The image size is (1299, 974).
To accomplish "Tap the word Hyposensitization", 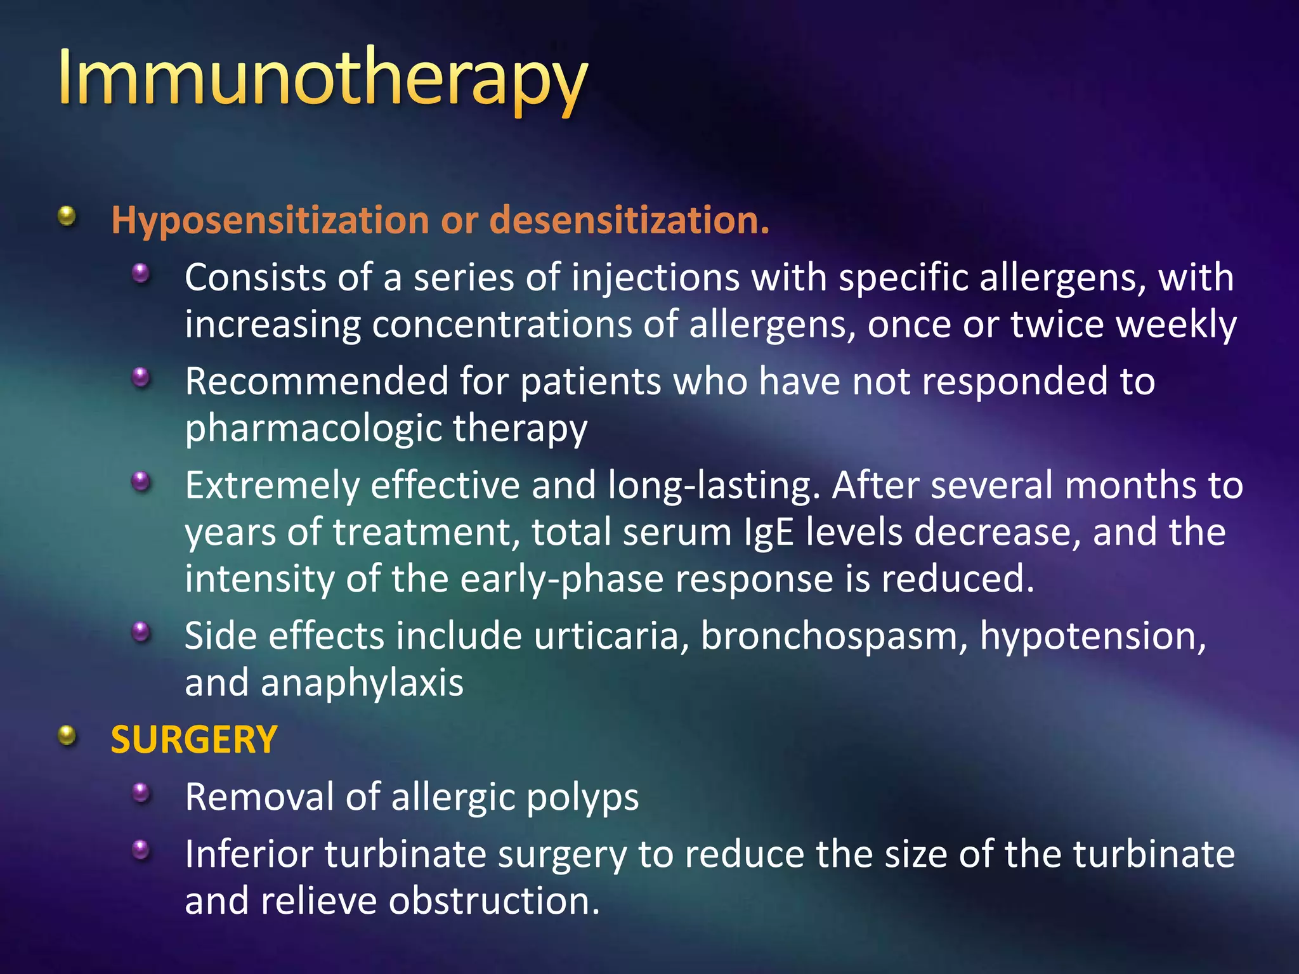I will click(x=270, y=220).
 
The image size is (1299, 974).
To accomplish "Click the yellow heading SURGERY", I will click(x=194, y=739).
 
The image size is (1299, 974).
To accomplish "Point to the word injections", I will click(x=655, y=278).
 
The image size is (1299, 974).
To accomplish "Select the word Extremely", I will click(x=271, y=485).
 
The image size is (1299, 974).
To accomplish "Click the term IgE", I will click(x=769, y=532).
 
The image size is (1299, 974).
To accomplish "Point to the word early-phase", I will click(x=561, y=579).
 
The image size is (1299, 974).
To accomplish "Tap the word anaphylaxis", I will click(x=362, y=683).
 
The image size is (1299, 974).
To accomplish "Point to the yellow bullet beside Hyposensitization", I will click(x=67, y=216).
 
